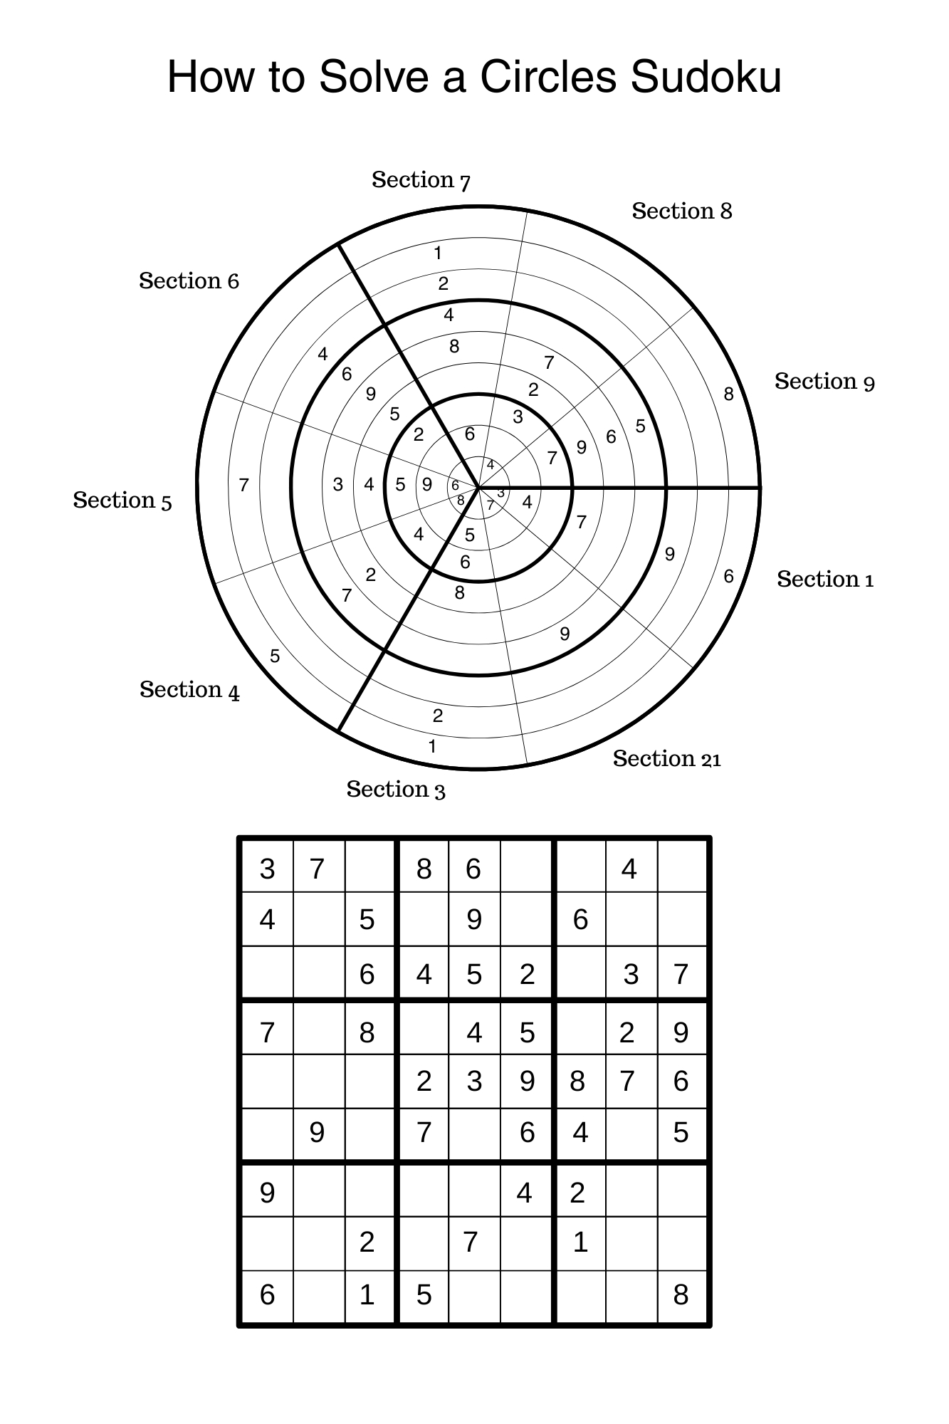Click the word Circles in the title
tap(547, 76)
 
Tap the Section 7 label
tap(421, 180)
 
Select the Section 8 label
tap(681, 211)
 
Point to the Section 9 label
tap(824, 382)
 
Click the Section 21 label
tap(666, 759)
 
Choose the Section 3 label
tap(396, 790)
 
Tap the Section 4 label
tap(189, 690)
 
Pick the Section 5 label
tap(122, 501)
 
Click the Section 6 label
tap(189, 281)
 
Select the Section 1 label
tap(824, 580)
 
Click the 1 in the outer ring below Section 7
tap(438, 253)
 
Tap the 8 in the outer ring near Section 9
tap(728, 394)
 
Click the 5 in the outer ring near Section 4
tap(275, 656)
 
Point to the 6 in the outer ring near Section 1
tap(728, 576)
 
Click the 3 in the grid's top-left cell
tap(267, 869)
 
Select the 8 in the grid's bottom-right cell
tap(681, 1294)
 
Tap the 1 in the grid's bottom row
tap(367, 1294)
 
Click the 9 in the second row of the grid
tap(474, 920)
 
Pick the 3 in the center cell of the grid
tap(474, 1081)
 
